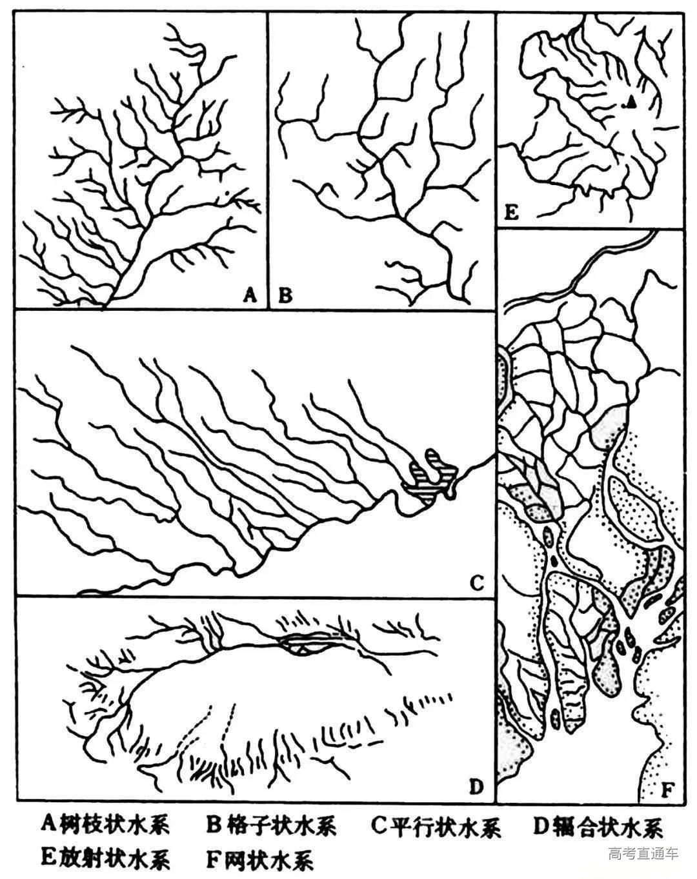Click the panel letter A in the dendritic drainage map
pos(250,295)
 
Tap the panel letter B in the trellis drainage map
pos(285,295)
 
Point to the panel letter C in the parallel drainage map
pos(477,582)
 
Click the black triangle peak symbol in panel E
pos(632,103)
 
